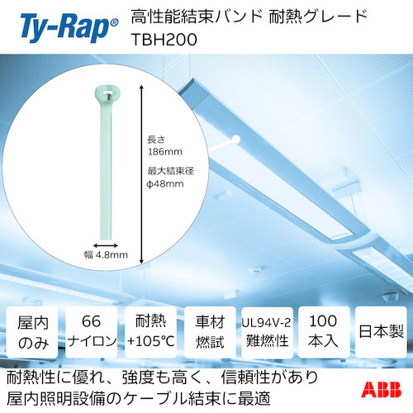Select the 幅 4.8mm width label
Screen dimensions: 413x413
pyautogui.click(x=107, y=256)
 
